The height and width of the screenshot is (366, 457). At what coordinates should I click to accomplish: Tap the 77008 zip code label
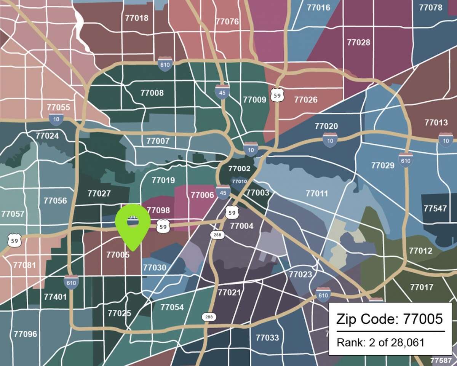[152, 93]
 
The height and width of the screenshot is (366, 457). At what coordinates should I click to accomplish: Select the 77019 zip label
[163, 180]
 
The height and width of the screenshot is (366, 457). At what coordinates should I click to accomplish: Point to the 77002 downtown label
[239, 169]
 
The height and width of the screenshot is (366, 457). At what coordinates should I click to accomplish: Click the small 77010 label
[239, 181]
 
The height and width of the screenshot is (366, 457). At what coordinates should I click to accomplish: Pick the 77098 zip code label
[158, 210]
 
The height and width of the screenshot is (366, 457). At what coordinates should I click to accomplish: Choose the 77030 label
[155, 268]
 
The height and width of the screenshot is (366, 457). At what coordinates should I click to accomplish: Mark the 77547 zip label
[435, 208]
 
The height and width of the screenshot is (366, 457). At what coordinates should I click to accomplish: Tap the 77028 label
[358, 42]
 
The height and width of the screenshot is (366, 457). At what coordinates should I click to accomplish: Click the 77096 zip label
[26, 334]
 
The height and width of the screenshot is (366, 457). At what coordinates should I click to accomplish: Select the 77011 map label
[316, 193]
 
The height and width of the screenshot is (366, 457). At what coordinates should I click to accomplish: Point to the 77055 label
[58, 107]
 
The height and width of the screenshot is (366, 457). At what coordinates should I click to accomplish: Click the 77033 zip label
[267, 337]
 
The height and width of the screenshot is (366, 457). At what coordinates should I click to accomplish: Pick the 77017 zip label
[422, 287]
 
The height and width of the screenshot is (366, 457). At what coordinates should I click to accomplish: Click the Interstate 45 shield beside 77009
[222, 92]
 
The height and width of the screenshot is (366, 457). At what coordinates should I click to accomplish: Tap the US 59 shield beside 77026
[277, 94]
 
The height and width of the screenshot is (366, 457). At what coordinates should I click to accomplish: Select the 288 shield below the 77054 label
[208, 317]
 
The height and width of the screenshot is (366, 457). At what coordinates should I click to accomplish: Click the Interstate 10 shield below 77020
[330, 140]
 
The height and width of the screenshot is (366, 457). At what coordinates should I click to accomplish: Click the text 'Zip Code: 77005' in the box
[389, 318]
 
